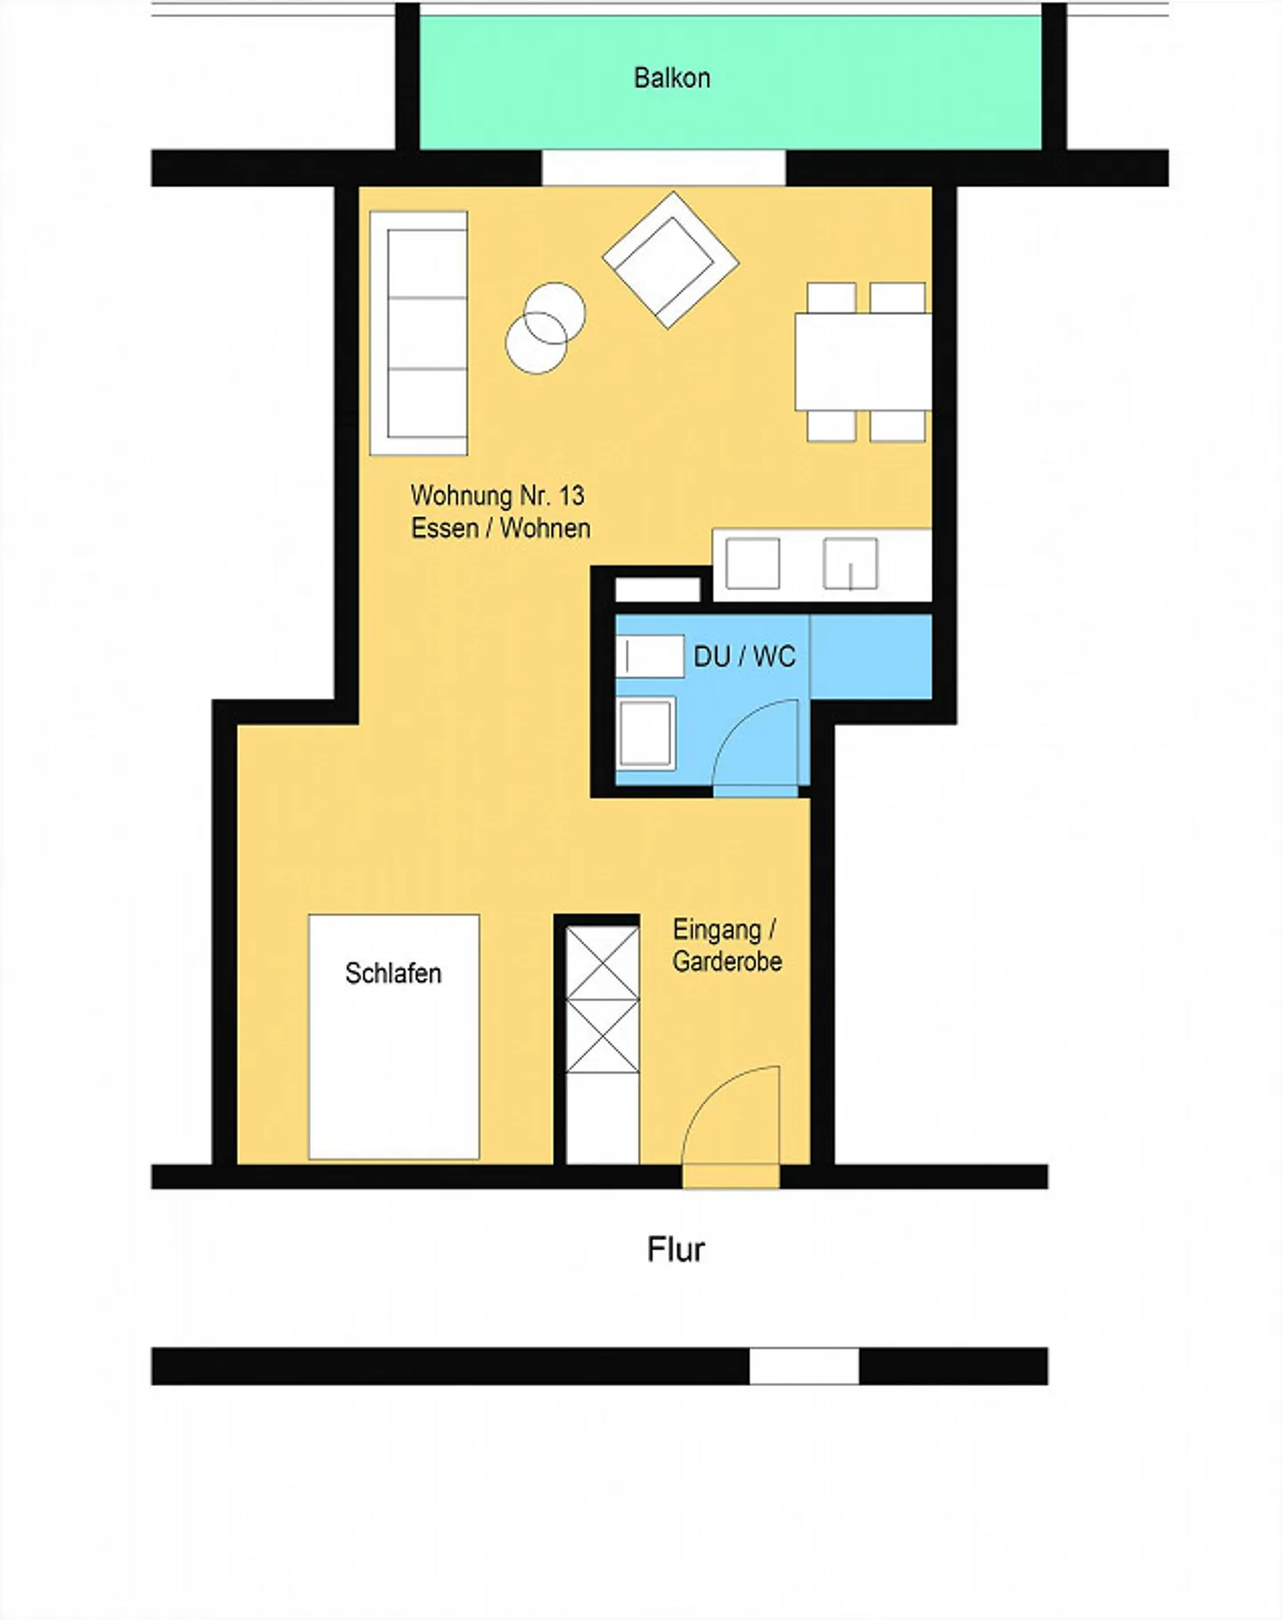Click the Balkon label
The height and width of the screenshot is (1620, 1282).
click(x=671, y=78)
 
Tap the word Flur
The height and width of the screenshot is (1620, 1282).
click(x=676, y=1250)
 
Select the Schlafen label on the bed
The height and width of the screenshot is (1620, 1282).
click(x=393, y=974)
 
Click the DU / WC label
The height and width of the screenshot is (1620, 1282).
click(x=744, y=657)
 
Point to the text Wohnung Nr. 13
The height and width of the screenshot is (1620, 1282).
click(x=497, y=495)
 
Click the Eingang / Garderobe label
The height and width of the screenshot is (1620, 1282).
click(x=726, y=946)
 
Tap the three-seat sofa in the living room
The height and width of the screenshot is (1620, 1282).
click(x=419, y=333)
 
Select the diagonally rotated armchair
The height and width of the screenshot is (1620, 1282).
click(x=670, y=259)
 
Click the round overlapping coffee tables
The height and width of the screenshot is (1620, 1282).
click(x=545, y=328)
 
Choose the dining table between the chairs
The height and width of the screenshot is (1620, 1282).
click(x=862, y=360)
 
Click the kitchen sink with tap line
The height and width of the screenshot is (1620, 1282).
click(x=850, y=563)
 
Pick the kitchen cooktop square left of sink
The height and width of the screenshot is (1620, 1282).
click(x=752, y=563)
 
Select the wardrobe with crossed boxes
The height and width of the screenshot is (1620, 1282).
click(x=603, y=1000)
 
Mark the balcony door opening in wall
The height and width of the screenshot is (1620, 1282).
click(x=663, y=167)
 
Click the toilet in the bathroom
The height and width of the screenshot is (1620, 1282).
click(x=650, y=657)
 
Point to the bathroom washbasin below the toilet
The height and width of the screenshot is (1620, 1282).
click(x=645, y=733)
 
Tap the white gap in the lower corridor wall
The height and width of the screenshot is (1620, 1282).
click(x=804, y=1365)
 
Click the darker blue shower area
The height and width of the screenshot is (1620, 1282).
click(x=871, y=657)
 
